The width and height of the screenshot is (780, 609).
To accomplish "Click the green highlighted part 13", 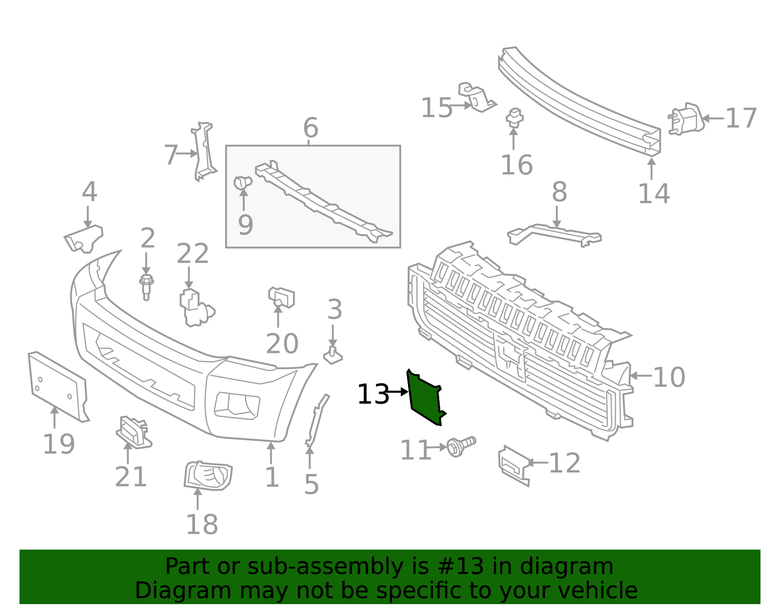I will [424, 397].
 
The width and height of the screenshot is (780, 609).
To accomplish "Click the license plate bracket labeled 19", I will [58, 385].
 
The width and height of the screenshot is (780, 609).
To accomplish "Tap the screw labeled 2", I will [146, 286].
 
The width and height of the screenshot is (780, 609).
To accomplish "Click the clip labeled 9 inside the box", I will [242, 183].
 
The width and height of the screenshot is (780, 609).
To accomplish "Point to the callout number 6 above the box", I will [311, 128].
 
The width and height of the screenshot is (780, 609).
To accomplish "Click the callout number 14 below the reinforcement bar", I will [654, 194].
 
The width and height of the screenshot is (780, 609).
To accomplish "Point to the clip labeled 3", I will [333, 356].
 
